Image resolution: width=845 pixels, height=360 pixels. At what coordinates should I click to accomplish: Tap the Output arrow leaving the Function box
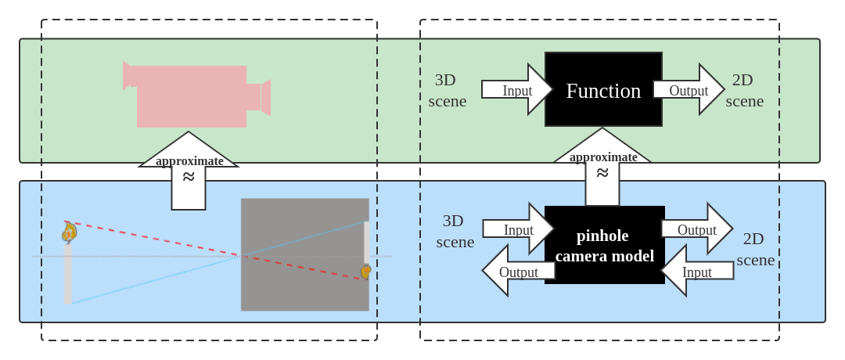(x=688, y=90)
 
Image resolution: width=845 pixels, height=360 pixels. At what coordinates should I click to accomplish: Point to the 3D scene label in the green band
(x=447, y=90)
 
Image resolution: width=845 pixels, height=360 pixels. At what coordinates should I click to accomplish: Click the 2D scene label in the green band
(x=744, y=90)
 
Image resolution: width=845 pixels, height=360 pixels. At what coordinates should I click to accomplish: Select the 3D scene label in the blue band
(x=455, y=231)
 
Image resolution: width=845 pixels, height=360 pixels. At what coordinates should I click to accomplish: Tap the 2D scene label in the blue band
(x=755, y=249)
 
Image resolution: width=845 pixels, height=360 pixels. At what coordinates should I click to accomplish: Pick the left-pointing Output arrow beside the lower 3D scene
(x=517, y=271)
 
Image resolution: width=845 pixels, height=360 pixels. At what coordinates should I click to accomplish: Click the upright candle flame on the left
(x=69, y=232)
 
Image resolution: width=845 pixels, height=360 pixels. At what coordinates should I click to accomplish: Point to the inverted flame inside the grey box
(x=365, y=272)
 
